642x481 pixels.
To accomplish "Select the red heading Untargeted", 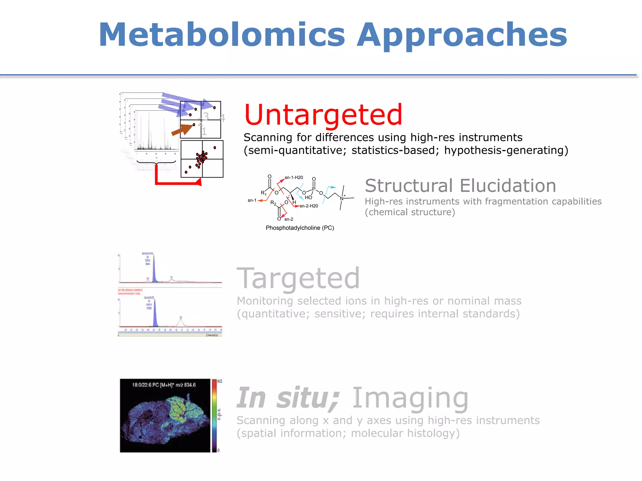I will pos(323,115).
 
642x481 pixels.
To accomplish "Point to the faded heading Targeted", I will pos(298,279).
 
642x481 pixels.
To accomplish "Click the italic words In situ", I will pos(288,398).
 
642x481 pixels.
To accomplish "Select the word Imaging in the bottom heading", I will pos(410,399).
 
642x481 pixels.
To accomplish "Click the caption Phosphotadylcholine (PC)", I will pos(300,228).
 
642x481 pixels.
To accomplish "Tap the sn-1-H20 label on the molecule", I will pos(294,178).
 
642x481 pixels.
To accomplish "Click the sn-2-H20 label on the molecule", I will pos(309,206).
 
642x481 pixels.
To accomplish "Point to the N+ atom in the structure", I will pos(342,198).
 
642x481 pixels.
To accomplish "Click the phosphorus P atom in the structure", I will pos(313,189).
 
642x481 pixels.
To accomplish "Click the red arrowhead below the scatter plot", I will pos(198,182).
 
